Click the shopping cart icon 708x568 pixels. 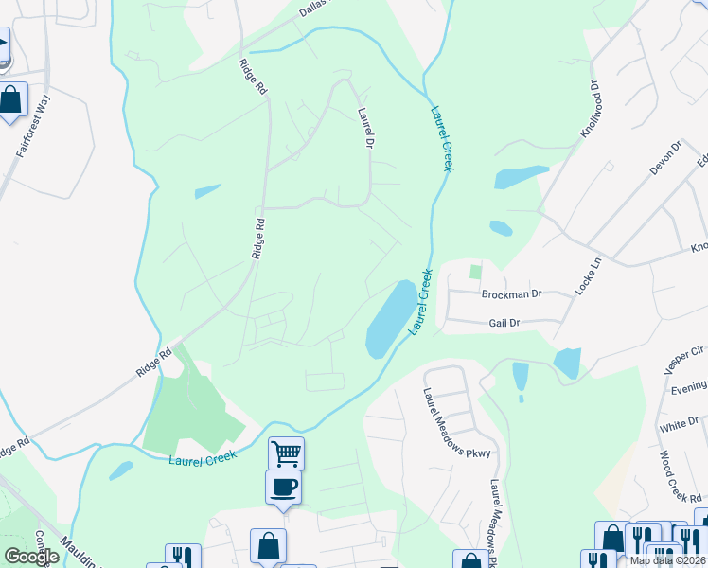point(286,453)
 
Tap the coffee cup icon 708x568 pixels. point(283,488)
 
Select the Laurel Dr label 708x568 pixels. point(365,127)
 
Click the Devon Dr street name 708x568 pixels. point(664,159)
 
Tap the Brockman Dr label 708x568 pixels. point(510,293)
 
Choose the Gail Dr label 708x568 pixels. point(504,323)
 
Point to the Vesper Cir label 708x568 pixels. point(684,356)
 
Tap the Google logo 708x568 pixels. point(31,556)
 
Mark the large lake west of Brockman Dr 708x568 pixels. point(389,318)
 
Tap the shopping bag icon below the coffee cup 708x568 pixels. point(268,546)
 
